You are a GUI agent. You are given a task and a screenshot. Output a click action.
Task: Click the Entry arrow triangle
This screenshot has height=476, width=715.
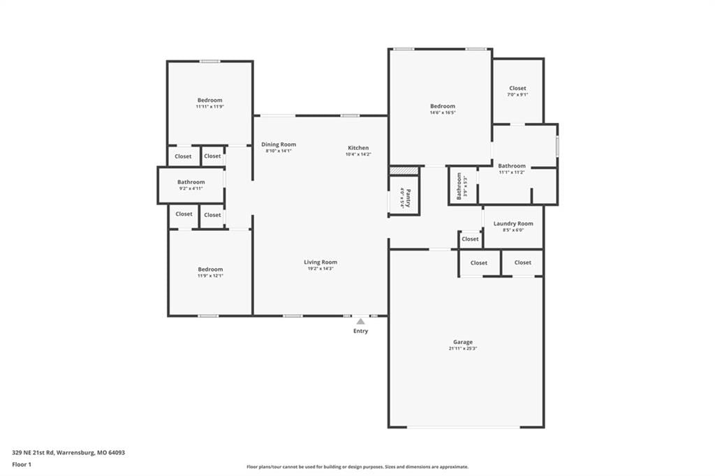tap(361, 322)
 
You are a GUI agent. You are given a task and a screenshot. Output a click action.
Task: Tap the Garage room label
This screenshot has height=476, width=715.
tap(463, 342)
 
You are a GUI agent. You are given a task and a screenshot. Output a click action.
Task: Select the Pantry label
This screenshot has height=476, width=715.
tap(408, 198)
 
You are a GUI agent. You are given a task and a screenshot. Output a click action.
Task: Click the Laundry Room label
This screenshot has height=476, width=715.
tap(513, 223)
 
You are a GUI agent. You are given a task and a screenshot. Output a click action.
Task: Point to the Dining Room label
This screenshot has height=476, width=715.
tap(279, 144)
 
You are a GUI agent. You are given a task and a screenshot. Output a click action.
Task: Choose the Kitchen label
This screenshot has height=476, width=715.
tap(358, 148)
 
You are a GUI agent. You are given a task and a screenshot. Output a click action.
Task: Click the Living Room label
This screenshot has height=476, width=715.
tap(320, 262)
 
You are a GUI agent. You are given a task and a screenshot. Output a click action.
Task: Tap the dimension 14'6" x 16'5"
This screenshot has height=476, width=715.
tap(443, 112)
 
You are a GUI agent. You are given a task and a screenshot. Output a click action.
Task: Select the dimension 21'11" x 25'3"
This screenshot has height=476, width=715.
tap(463, 348)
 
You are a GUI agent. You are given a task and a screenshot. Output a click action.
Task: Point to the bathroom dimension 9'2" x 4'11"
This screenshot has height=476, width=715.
tap(191, 188)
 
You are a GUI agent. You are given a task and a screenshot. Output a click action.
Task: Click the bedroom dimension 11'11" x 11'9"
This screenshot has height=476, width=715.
tap(209, 107)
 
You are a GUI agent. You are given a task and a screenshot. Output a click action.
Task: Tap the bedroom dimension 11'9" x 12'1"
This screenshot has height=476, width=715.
tap(210, 276)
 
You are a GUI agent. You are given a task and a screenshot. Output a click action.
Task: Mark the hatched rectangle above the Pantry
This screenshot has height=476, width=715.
tap(404, 170)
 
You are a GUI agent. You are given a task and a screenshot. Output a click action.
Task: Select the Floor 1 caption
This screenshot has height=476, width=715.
tap(22, 465)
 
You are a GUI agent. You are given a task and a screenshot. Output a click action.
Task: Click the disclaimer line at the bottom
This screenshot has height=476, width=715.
tap(357, 467)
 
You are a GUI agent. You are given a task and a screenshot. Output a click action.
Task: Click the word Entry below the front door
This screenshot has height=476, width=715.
tap(361, 331)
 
